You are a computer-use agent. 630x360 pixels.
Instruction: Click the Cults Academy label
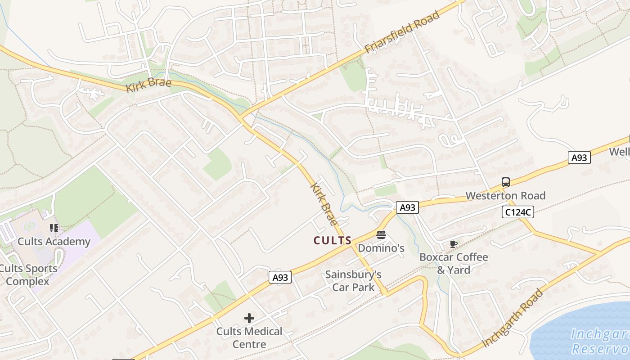54,242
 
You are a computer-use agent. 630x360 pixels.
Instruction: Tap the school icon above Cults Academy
54,228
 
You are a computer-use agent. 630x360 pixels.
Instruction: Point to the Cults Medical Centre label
249,338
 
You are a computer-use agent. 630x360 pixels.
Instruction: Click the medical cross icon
249,318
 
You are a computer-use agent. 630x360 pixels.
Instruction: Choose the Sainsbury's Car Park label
353,281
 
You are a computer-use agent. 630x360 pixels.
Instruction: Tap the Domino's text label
381,248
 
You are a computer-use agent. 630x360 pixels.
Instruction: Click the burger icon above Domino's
381,234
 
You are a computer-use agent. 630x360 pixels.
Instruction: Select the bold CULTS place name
333,240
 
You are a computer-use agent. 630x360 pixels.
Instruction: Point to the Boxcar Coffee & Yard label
454,263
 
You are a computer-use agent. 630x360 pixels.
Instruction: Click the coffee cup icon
454,244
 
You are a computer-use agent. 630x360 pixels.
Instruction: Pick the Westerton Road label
505,196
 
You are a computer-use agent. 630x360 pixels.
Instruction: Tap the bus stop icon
506,182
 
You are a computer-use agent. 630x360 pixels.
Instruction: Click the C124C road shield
518,212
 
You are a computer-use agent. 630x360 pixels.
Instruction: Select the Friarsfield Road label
402,33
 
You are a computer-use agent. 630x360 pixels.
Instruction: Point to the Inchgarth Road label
513,319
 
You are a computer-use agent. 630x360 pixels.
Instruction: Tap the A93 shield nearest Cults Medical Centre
280,278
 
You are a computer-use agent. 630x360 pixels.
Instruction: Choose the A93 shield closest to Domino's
407,207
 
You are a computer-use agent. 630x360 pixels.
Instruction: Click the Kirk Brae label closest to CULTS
324,204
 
